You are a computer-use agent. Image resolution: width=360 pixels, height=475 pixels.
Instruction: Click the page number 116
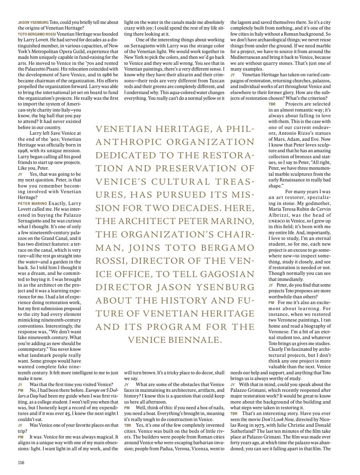point(21,462)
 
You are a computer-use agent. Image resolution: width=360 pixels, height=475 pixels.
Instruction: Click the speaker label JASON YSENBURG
point(33,23)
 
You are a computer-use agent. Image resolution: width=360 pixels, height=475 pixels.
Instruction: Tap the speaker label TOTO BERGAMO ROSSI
point(37,34)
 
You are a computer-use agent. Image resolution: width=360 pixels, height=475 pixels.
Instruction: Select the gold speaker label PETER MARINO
point(32,203)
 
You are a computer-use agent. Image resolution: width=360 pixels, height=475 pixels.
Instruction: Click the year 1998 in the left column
point(23,151)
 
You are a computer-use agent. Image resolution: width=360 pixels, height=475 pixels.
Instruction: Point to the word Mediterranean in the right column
point(247,58)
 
